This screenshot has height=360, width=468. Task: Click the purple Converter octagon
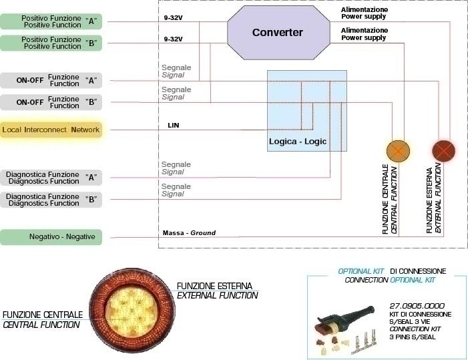coord(278,33)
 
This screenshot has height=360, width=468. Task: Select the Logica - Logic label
coord(298,141)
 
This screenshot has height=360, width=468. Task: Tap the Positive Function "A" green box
coord(51,21)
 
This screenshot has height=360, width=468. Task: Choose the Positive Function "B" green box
coord(51,43)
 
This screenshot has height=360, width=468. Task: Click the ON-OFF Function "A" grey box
coord(51,80)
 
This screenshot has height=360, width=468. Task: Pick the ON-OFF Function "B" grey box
coord(51,102)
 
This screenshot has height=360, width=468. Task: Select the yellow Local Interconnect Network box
coord(51,130)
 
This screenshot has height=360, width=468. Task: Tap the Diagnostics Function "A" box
coord(51,178)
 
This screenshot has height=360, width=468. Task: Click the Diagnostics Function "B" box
coord(51,200)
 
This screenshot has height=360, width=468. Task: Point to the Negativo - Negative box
coord(51,237)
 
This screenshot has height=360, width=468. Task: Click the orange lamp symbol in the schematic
coord(398,151)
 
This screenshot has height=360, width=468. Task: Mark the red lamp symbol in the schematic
coord(443,151)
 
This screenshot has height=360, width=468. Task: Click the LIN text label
coord(174,126)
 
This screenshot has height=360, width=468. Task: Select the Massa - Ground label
coord(189,233)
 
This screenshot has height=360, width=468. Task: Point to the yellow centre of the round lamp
coord(132,311)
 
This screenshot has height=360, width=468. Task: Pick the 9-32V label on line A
coord(173,17)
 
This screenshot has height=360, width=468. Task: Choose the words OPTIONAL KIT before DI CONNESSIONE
coord(361,271)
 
